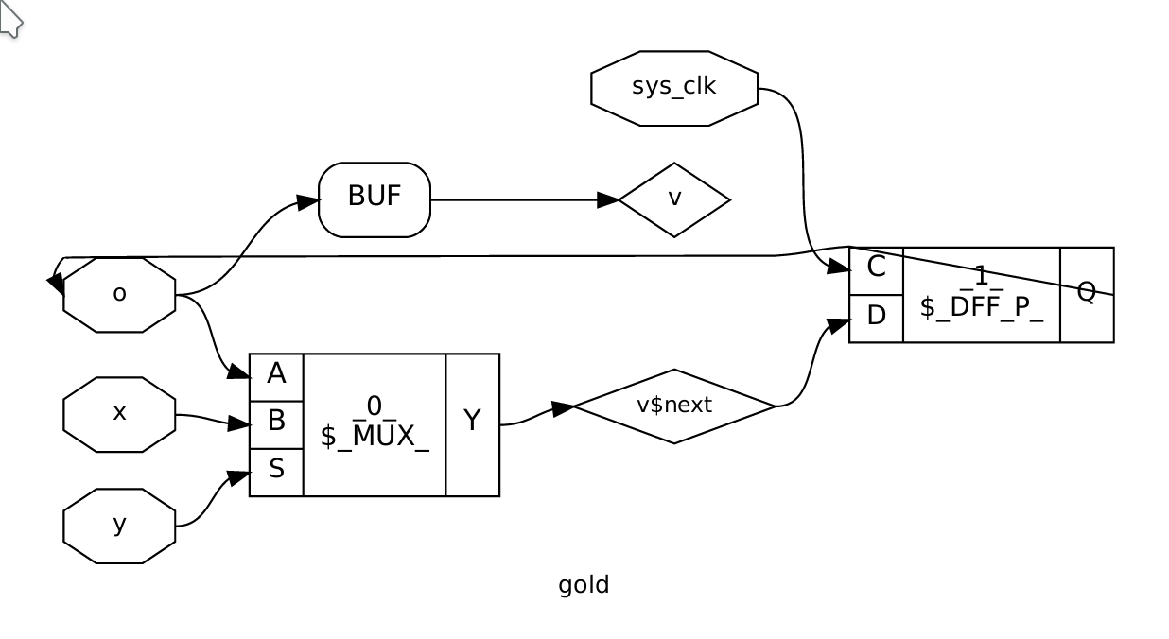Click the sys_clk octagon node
click(674, 88)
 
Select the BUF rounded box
click(375, 199)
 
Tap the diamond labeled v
click(674, 199)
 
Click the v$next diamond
click(674, 406)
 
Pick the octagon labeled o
click(119, 294)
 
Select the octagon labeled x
click(119, 414)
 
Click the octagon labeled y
click(119, 526)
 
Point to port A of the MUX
click(276, 374)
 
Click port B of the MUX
click(276, 422)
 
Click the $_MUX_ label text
click(375, 437)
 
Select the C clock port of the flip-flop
click(876, 268)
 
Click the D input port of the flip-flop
click(876, 316)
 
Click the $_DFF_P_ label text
click(982, 306)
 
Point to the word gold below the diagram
click(584, 585)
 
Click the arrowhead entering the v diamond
click(608, 199)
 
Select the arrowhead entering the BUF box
click(308, 201)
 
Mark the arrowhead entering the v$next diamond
click(563, 408)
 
